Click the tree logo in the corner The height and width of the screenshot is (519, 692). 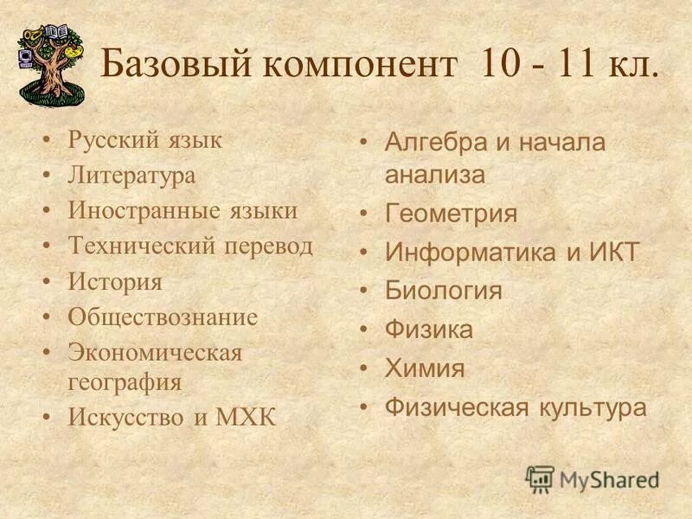50,62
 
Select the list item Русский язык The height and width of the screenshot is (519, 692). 145,140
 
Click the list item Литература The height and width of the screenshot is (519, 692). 131,176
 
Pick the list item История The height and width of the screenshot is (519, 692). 115,282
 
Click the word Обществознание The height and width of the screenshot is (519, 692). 163,317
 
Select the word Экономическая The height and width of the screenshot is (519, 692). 156,353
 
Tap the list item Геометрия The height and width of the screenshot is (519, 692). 451,214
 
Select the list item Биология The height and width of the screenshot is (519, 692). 443,291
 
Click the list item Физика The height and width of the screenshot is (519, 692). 429,330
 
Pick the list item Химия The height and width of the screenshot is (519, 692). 425,368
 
